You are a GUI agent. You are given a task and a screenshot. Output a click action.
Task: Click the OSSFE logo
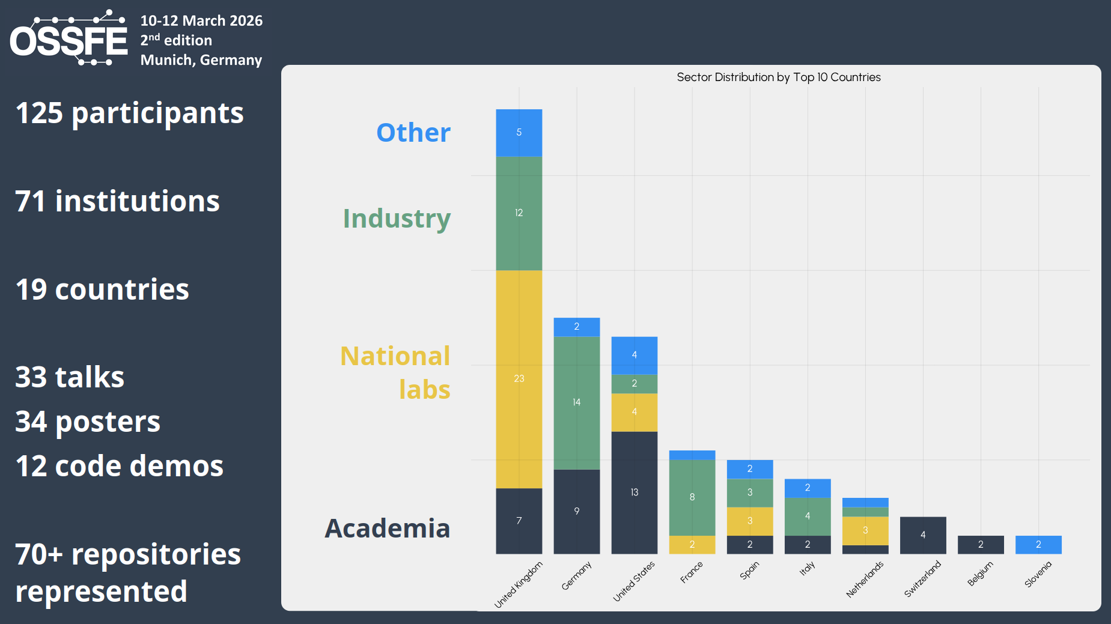coord(68,38)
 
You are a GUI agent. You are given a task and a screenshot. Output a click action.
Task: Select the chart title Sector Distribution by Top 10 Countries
coord(778,77)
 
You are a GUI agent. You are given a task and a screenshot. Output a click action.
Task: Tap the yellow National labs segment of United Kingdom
coord(519,379)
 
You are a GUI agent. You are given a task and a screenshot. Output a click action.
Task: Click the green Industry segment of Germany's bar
coord(576,402)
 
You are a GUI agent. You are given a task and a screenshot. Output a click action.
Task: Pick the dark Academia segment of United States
coord(634,492)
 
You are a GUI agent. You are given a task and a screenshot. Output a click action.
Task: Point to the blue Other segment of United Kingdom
coord(519,133)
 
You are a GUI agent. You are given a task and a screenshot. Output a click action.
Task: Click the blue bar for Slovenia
coord(1038,545)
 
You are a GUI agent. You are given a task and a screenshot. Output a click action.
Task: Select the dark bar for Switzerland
coord(922,535)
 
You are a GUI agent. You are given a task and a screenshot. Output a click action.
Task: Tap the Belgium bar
coord(980,545)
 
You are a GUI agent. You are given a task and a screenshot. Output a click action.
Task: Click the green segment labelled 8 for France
coord(692,497)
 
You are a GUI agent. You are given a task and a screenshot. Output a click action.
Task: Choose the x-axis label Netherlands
coord(865,580)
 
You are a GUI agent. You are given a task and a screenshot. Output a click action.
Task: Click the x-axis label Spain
coord(749,571)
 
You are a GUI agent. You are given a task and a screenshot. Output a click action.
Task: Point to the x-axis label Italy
coord(807,568)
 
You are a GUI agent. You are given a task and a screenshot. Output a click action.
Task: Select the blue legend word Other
coord(413,133)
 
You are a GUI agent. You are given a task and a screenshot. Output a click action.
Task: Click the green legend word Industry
coord(397,219)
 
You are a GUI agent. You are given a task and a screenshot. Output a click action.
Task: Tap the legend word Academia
coord(387,529)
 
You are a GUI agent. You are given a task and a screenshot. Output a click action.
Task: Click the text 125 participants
coord(129,113)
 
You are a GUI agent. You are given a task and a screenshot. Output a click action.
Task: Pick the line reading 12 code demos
coord(119,466)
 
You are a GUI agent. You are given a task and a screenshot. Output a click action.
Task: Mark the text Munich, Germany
coord(201,60)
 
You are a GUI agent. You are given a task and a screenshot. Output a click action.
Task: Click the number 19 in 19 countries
coord(31,289)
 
